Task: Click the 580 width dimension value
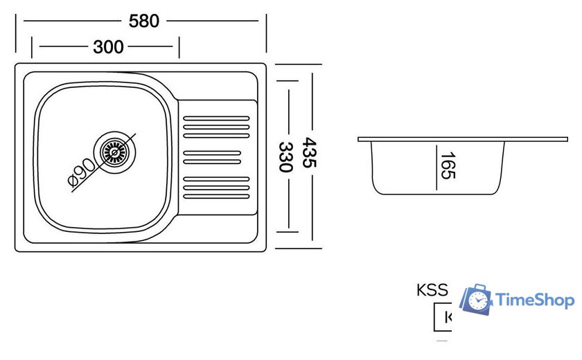pos(144,21)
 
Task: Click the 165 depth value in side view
pos(447,165)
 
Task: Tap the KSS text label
pos(432,291)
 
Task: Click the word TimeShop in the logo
pos(534,300)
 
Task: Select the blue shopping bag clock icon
pos(477,300)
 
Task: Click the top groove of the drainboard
pos(215,118)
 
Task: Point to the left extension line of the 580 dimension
pos(16,35)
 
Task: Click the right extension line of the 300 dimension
pos(179,47)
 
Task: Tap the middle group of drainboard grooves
pos(212,156)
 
